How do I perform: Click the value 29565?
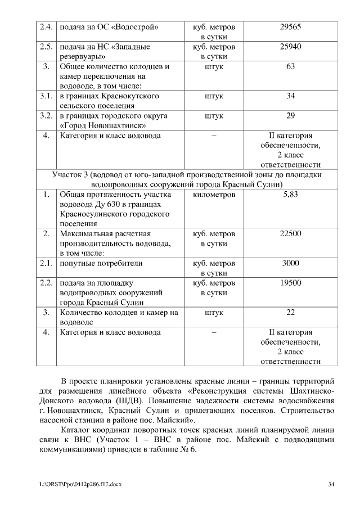coord(290,27)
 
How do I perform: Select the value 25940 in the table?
coord(290,47)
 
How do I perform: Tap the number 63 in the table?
coord(290,66)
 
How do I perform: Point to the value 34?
coord(290,96)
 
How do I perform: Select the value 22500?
coord(290,233)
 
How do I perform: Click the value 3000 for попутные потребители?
coord(290,263)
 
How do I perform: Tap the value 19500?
coord(290,283)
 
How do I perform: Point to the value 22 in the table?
coord(290,312)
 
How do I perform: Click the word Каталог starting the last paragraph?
coord(76,430)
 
